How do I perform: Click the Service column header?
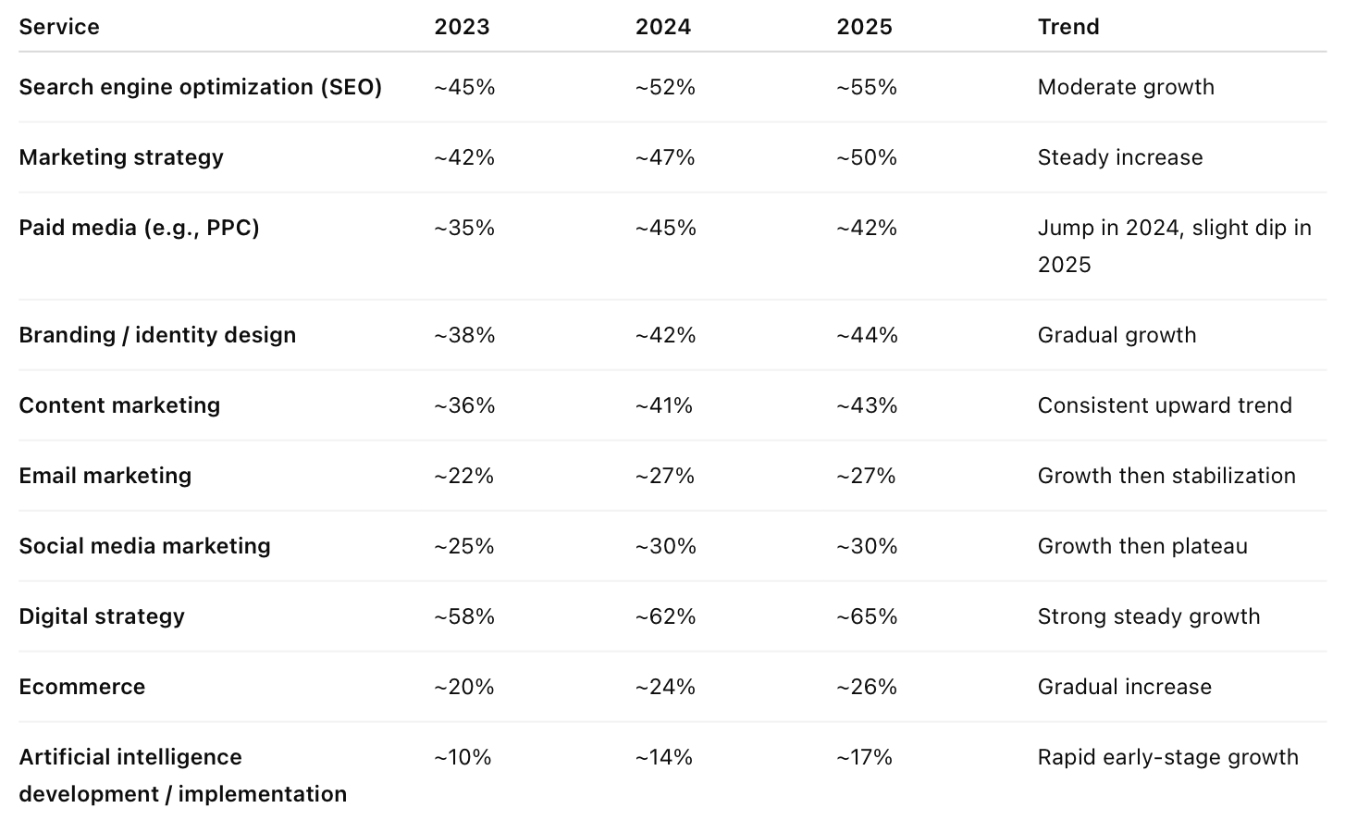coord(59,27)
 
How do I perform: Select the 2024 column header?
coord(662,27)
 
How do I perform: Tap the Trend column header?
coord(1067,27)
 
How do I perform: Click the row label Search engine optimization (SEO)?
coord(200,87)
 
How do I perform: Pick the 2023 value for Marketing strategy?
coord(464,157)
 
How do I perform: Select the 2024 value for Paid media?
coord(665,228)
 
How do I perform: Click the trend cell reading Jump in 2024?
coord(1173,245)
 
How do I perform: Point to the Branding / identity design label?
coord(157,335)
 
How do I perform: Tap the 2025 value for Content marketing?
coord(867,405)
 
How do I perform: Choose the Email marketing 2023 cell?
coord(463,476)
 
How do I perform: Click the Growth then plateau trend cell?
coord(1141,546)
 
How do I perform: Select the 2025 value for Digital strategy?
coord(867,616)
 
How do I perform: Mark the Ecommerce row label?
coord(82,687)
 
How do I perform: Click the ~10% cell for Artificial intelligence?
coord(463,757)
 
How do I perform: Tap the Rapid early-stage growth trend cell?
coord(1167,757)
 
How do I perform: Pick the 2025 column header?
coord(864,27)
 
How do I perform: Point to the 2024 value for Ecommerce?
coord(665,687)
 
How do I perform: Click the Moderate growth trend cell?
coord(1125,87)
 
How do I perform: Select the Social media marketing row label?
coord(144,546)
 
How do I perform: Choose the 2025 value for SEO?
coord(867,87)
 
